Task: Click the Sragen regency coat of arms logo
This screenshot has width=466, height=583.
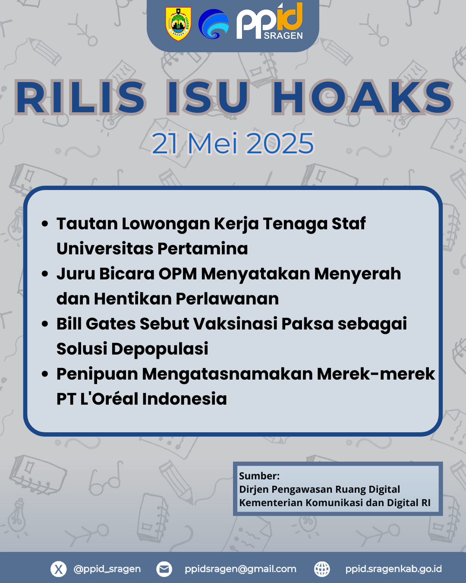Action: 178,24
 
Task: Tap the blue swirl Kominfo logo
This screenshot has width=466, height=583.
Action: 214,24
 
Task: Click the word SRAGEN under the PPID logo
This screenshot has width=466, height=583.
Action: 283,35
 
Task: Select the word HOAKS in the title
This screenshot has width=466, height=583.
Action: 362,97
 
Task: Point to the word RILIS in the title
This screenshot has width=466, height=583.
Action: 80,97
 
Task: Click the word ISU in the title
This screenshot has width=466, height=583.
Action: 208,97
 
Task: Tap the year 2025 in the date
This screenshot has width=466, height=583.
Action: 280,143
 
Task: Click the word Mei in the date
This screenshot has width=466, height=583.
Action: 213,143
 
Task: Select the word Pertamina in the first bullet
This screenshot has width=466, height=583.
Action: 202,248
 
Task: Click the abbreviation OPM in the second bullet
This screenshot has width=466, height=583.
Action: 178,274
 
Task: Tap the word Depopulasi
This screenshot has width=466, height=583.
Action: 160,349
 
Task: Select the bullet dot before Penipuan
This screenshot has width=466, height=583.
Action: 45,374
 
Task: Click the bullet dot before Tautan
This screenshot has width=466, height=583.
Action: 45,224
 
